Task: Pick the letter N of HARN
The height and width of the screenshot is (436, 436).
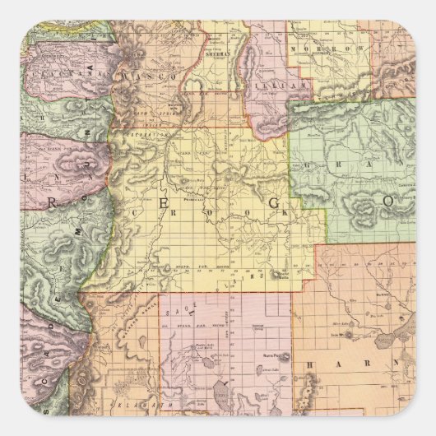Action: coord(398,363)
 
